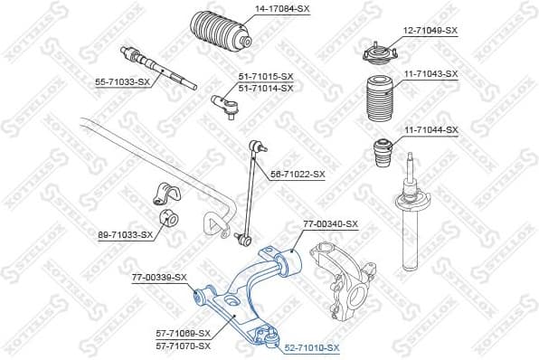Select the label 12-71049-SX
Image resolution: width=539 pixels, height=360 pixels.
click(430, 30)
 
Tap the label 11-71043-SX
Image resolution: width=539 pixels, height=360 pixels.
click(430, 73)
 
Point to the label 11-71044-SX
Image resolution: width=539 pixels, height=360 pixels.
click(430, 130)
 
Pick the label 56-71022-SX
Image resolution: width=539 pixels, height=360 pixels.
click(296, 174)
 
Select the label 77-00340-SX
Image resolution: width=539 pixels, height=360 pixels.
click(331, 223)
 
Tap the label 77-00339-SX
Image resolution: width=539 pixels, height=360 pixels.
click(159, 277)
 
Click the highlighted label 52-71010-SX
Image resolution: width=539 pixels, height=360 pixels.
click(311, 347)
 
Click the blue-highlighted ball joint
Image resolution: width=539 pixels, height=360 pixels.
click(267, 337)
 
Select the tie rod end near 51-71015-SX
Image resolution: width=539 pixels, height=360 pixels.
click(225, 104)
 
